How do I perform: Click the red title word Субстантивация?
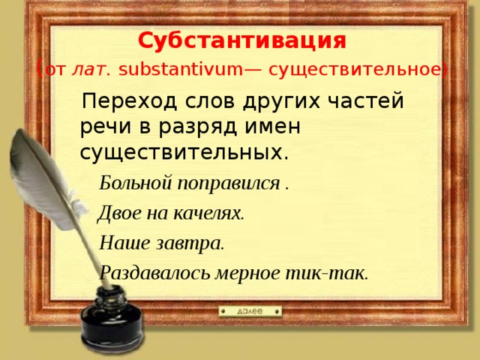click(x=241, y=40)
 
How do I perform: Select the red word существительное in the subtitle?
click(x=355, y=70)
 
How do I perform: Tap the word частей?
click(x=366, y=100)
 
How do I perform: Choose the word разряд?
click(x=198, y=127)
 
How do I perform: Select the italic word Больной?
click(x=135, y=183)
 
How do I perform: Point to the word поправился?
click(x=229, y=184)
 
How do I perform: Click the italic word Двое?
click(x=120, y=212)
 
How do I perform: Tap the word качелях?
click(x=208, y=213)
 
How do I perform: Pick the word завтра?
click(x=190, y=243)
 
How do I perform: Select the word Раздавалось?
click(x=155, y=272)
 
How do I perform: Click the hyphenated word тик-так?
click(x=326, y=273)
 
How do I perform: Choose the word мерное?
click(x=247, y=273)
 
